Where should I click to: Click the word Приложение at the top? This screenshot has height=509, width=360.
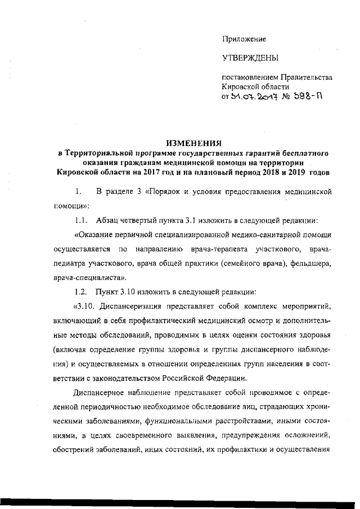244,39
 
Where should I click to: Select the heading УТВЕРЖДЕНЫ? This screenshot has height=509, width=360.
250,58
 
